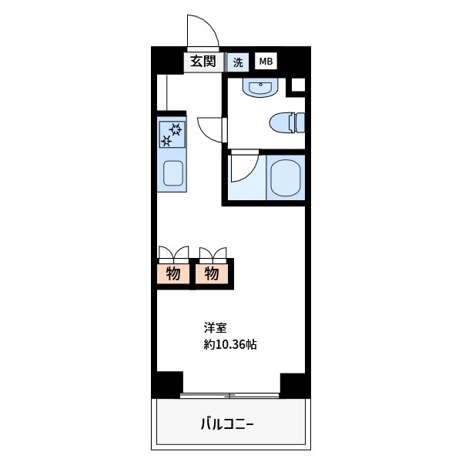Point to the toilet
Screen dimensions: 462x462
point(288,122)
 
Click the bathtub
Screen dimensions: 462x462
point(286,177)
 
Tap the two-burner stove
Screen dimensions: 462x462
point(172,135)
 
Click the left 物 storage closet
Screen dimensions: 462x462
point(173,273)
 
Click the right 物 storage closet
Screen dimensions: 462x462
point(213,273)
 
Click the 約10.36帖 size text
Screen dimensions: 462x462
point(230,345)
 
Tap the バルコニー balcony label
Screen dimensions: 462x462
point(227,423)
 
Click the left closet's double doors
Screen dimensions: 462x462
point(173,253)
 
